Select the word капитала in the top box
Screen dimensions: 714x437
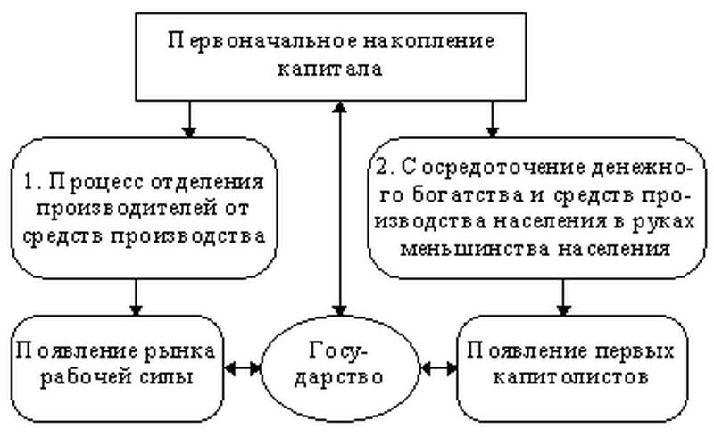point(330,70)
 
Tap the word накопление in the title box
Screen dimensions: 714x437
point(428,40)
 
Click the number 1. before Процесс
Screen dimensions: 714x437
point(31,182)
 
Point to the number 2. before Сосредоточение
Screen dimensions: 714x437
point(386,167)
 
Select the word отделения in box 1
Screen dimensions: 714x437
point(207,184)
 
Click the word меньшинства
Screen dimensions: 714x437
point(474,250)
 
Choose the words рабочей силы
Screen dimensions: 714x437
point(117,379)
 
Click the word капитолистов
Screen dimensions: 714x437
point(571,378)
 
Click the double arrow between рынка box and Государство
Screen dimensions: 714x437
point(242,367)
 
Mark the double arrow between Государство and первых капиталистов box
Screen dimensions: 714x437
point(438,367)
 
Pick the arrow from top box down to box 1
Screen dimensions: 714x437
point(189,119)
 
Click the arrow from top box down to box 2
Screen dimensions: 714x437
point(492,119)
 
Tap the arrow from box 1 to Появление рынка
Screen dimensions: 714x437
point(137,297)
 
